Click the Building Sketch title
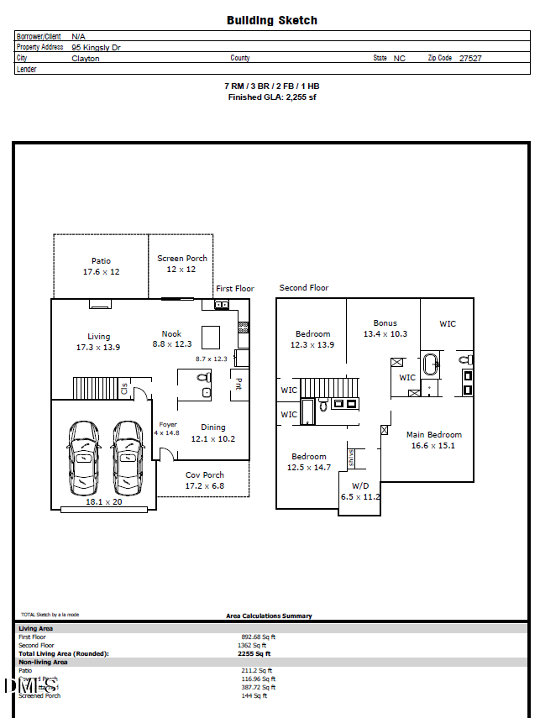271,20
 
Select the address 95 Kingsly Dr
96,48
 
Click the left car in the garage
84,459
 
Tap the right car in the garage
128,459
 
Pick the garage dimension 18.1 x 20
104,502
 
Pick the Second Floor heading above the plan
304,288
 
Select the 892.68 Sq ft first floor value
258,637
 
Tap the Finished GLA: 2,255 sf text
271,97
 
